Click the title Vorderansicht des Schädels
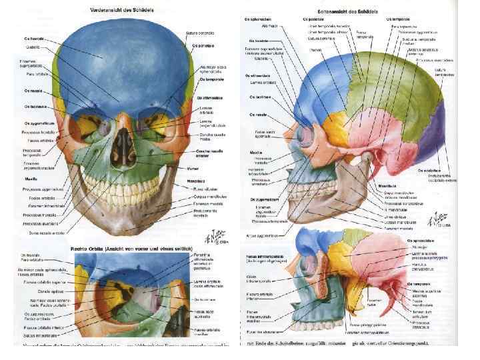point(124,9)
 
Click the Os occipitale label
point(428,170)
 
